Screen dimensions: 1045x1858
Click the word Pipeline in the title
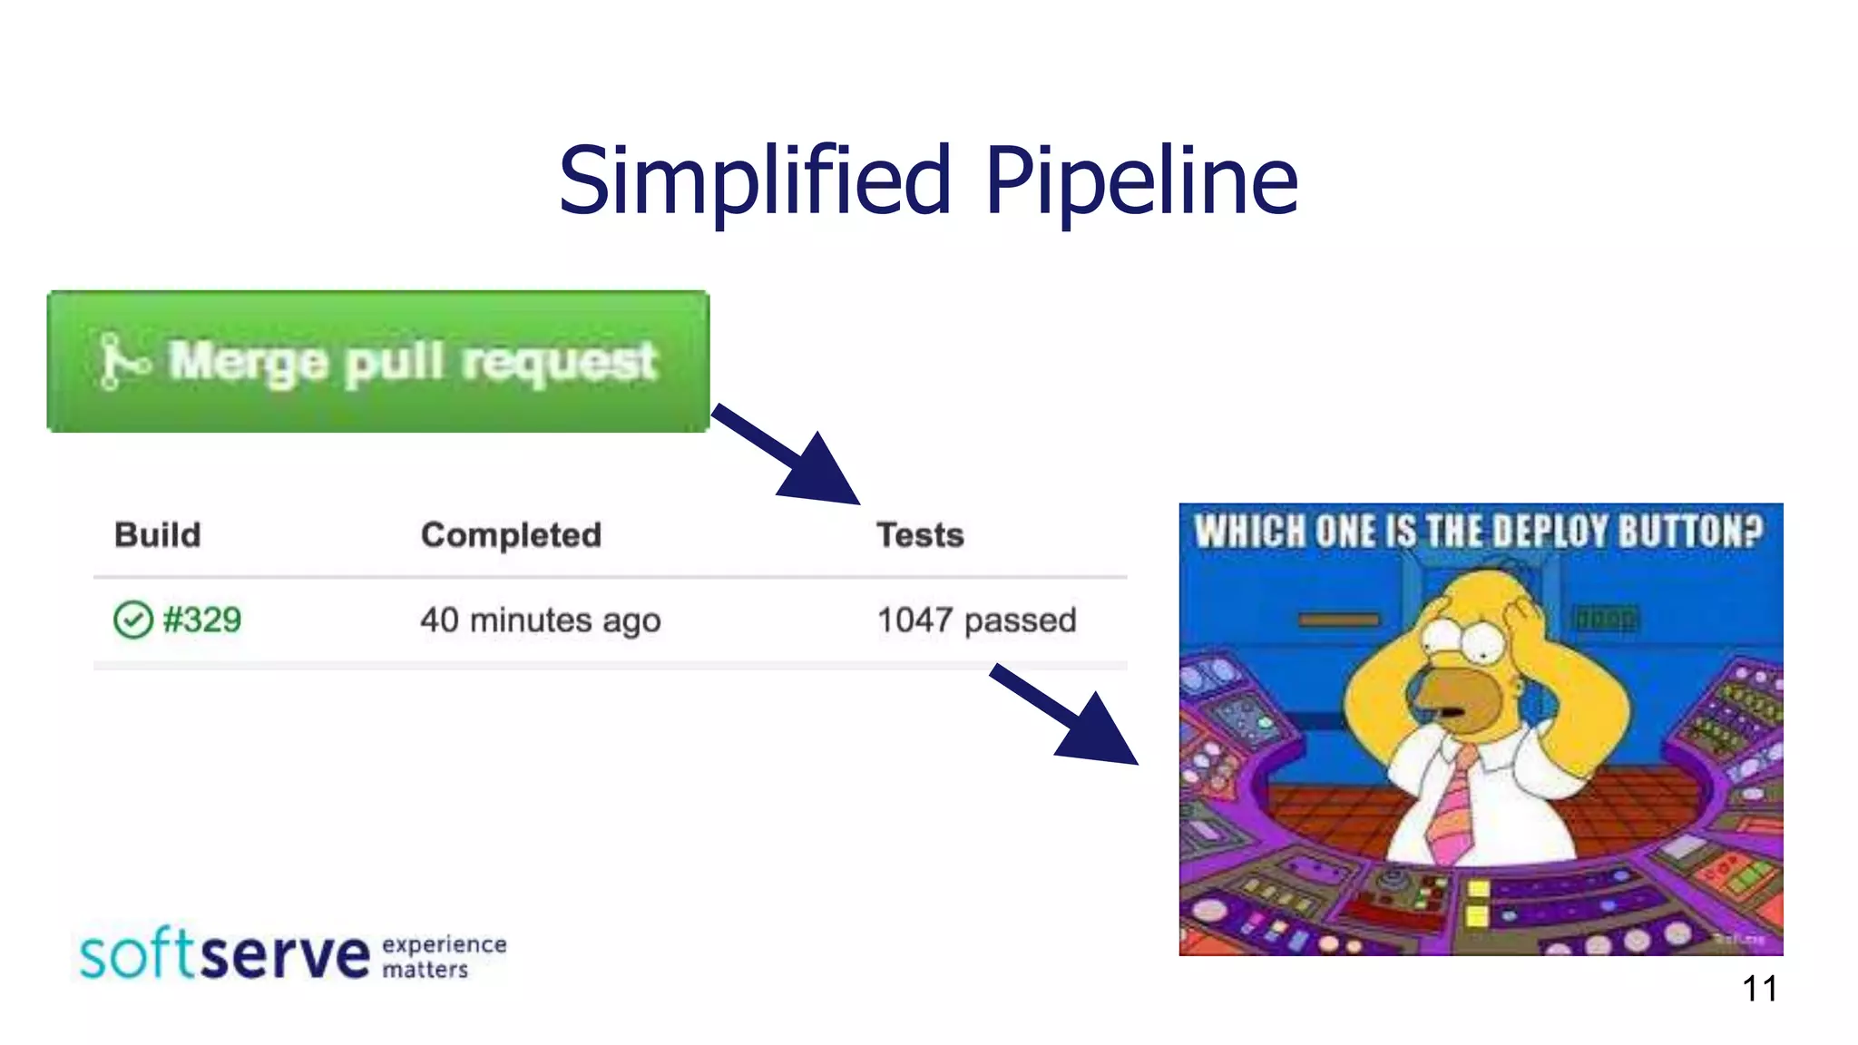click(1141, 181)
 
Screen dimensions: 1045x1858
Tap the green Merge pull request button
click(378, 361)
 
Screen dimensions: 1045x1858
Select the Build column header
click(157, 535)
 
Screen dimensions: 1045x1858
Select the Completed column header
click(511, 535)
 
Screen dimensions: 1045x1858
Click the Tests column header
click(919, 535)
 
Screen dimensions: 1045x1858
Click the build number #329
click(201, 620)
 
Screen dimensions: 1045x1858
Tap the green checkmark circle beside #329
click(132, 620)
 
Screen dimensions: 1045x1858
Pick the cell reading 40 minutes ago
click(540, 620)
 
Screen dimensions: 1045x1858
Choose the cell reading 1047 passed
click(976, 620)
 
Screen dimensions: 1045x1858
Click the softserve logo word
click(225, 955)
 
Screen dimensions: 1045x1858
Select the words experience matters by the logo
click(444, 957)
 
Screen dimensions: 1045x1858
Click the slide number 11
click(1759, 989)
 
